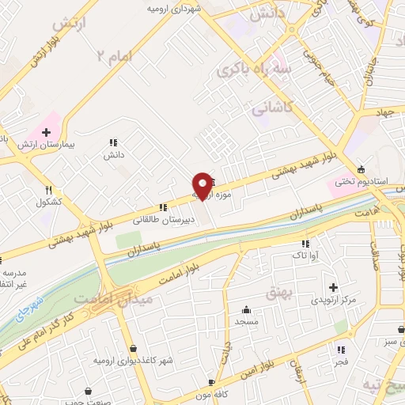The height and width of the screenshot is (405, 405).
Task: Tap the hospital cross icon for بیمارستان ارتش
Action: pos(46,131)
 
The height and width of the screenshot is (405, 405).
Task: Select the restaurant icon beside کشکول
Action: pos(49,190)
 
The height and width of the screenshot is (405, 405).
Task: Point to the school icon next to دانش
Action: pos(114,143)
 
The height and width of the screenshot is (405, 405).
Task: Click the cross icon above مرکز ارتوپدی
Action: pos(333,287)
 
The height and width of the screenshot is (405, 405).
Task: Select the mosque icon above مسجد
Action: pos(247,309)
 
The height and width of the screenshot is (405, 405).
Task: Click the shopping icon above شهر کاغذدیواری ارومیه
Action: pos(131,348)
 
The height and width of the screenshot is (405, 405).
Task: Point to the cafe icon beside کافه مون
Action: pos(210,380)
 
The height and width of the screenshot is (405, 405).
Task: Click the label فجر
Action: pos(340,361)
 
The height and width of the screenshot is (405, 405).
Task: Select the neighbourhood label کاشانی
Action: pos(272,106)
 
